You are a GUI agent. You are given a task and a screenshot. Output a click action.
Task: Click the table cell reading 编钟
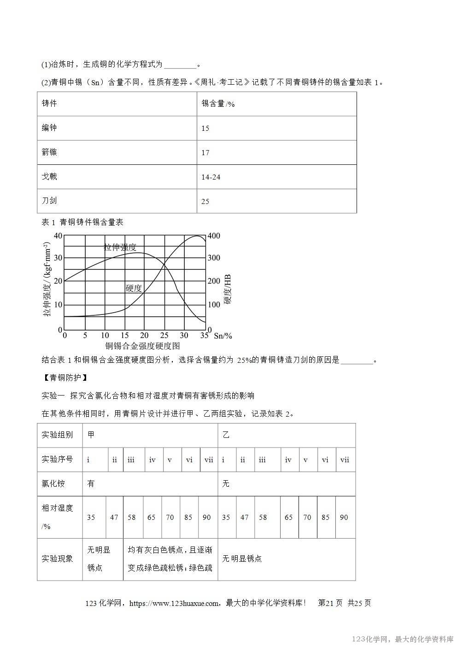49,128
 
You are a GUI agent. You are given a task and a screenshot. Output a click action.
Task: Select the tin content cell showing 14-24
211,177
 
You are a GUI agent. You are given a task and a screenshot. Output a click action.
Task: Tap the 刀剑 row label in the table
49,201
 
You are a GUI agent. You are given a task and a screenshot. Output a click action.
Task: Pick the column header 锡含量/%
218,104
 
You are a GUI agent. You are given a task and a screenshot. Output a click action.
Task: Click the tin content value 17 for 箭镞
205,153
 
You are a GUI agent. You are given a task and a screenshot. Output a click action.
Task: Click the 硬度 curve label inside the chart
134,288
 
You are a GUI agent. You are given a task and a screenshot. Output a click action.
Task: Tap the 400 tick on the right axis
214,236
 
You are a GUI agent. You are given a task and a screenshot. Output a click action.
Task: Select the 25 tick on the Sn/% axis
164,336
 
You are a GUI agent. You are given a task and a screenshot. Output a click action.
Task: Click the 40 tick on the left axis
58,236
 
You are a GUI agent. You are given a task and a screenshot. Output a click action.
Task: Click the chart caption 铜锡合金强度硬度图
142,346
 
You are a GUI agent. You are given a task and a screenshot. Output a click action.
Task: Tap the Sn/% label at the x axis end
223,336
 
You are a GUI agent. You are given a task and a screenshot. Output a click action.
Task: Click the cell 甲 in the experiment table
91,435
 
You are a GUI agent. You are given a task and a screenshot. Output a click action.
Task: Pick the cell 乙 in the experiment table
226,435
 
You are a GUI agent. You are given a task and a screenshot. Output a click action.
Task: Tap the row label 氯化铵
53,483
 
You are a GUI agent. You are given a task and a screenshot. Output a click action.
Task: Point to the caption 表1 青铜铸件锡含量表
82,222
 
